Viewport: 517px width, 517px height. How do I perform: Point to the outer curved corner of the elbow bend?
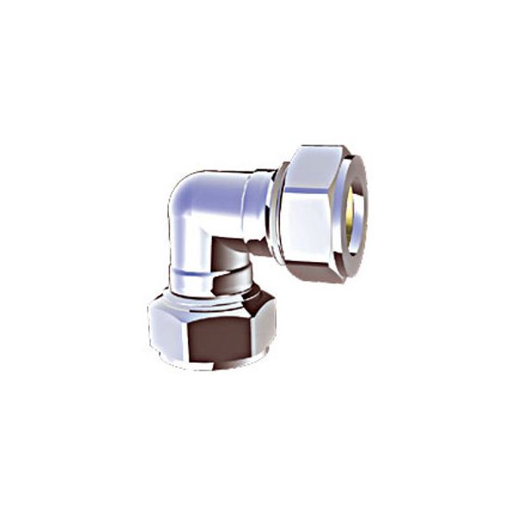click(183, 190)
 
